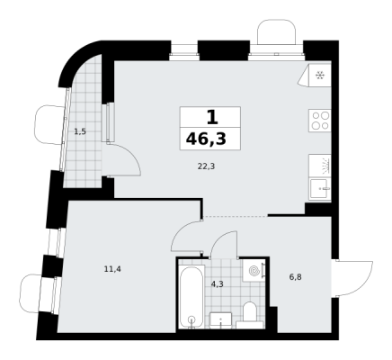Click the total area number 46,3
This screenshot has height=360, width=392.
[x=206, y=139]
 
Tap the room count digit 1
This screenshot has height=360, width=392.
[x=212, y=117]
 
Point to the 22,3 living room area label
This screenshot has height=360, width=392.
[x=207, y=166]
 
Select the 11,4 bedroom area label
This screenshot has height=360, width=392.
[x=112, y=269]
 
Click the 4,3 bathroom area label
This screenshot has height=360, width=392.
[x=217, y=284]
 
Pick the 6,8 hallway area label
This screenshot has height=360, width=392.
[x=295, y=277]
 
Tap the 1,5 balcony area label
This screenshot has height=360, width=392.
[x=80, y=131]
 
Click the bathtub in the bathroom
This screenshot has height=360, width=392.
[x=192, y=296]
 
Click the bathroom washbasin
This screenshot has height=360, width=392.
[x=220, y=320]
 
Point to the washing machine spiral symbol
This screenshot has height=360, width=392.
[x=254, y=272]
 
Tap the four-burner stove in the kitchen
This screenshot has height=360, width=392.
[x=320, y=121]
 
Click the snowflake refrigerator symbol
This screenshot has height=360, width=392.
[x=320, y=76]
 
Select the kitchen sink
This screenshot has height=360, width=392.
[x=320, y=189]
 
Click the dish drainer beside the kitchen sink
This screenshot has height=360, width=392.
[x=320, y=166]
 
